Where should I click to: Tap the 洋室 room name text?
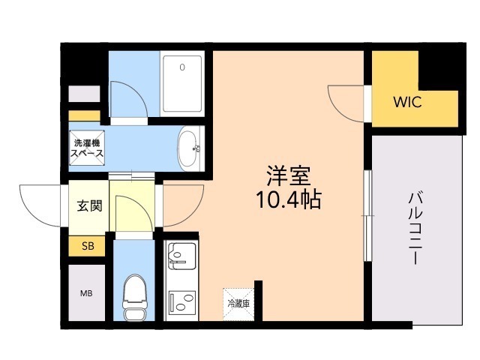(x=289, y=175)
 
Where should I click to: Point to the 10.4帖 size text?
(x=289, y=199)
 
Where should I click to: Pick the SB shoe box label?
(x=88, y=246)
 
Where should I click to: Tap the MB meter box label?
(x=87, y=292)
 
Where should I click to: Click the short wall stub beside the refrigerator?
(x=258, y=302)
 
